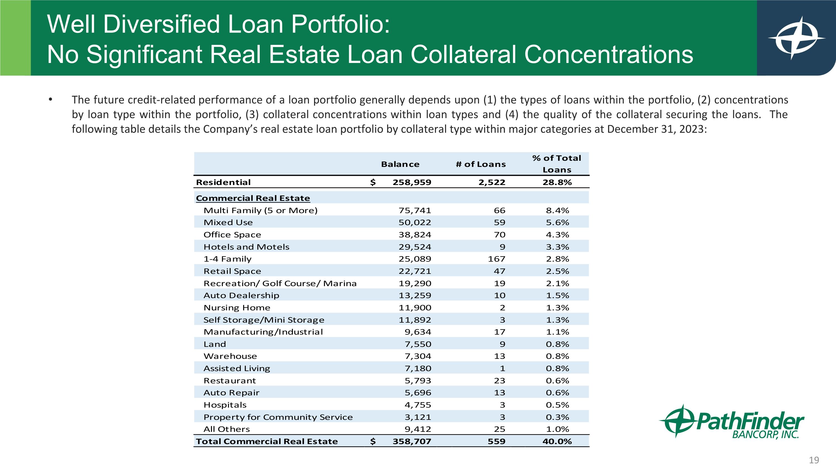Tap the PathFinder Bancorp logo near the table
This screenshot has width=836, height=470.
(731, 422)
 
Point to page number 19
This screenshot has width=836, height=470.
(814, 460)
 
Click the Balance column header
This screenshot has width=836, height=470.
(400, 164)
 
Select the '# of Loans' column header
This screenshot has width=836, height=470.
(481, 164)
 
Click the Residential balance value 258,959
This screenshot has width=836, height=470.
(412, 182)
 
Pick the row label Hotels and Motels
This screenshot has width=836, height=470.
(246, 247)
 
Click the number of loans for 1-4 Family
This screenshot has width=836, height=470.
(497, 259)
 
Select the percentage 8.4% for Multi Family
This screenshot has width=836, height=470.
(557, 211)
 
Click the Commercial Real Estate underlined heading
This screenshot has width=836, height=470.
(253, 198)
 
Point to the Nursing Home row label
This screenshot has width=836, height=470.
(237, 308)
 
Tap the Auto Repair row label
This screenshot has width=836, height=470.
(231, 393)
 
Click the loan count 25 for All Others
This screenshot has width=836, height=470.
(499, 429)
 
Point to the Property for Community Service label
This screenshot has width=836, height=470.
(278, 417)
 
